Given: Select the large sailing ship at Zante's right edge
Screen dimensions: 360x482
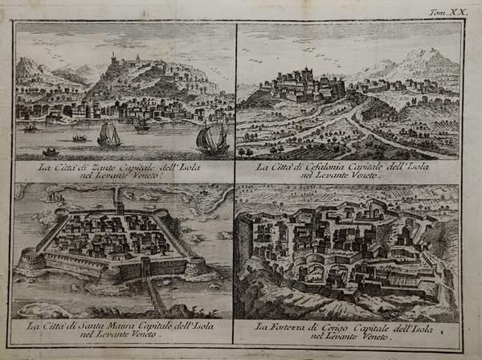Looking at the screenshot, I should tap(212, 138).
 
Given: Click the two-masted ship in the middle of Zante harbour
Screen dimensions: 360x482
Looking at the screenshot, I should tap(108, 134).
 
